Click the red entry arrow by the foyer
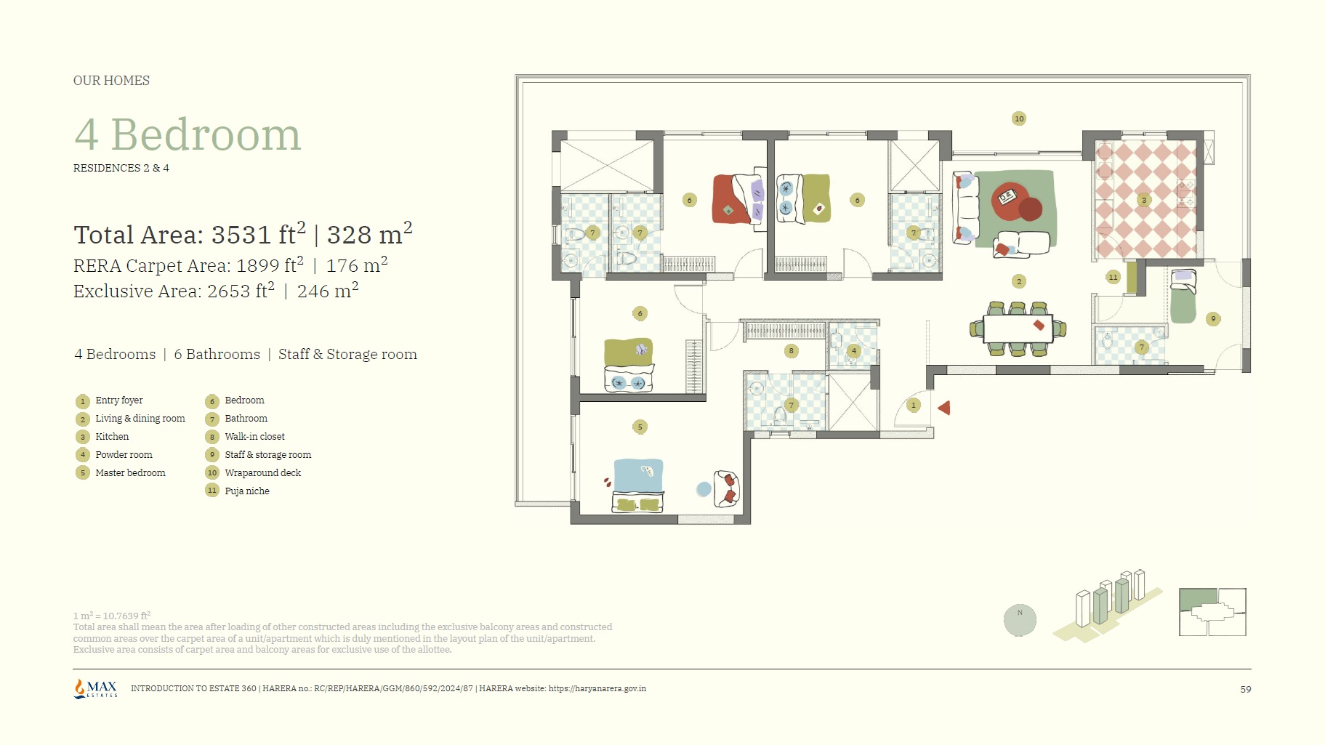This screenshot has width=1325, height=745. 944,408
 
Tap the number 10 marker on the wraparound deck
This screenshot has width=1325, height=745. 1019,118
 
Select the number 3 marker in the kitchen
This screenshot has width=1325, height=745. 1144,200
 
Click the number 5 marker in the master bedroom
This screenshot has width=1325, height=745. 640,427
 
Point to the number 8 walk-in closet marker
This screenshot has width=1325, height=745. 792,351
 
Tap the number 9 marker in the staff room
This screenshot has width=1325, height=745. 1213,318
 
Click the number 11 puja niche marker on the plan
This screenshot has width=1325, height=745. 1113,277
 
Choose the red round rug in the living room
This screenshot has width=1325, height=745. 1012,201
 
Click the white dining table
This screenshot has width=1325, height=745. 1018,329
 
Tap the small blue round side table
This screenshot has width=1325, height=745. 704,489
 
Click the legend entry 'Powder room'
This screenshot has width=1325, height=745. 124,455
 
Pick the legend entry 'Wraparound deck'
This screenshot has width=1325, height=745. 263,473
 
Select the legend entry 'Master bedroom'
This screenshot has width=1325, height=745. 130,473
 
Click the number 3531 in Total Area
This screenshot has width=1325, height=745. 241,235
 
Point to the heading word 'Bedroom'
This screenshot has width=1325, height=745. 206,134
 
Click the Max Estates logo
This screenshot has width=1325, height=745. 95,688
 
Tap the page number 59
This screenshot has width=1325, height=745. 1246,689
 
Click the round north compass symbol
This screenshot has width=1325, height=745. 1020,620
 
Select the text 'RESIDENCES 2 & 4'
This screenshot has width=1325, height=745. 121,168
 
